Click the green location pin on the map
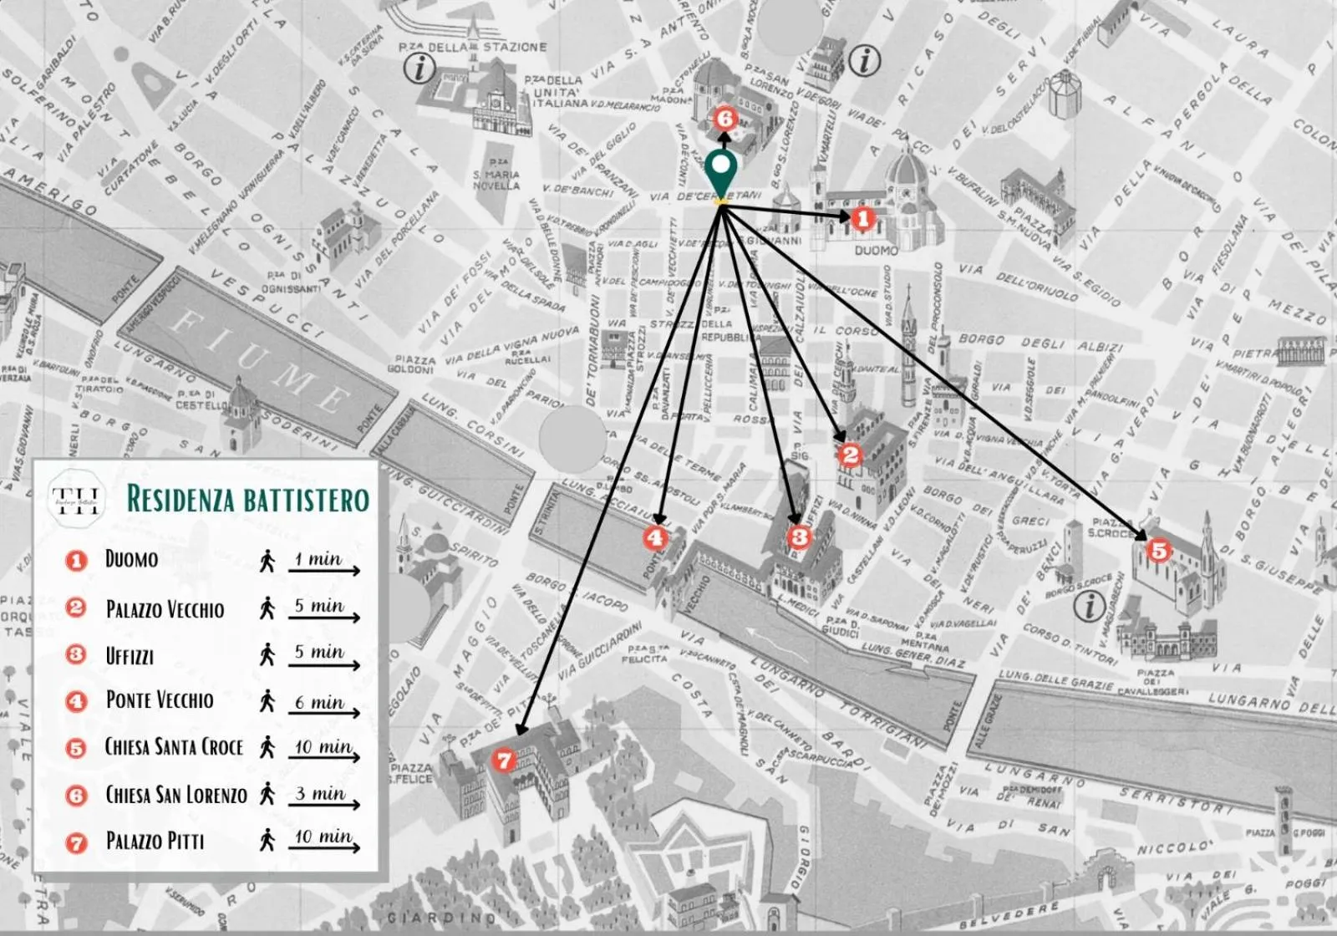pyautogui.click(x=720, y=172)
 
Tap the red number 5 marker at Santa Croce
pyautogui.click(x=1158, y=551)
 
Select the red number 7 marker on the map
pyautogui.click(x=503, y=760)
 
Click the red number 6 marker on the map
pyautogui.click(x=724, y=119)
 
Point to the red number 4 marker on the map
pyautogui.click(x=655, y=537)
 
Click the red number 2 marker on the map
pyautogui.click(x=851, y=455)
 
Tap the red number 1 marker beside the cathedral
pyautogui.click(x=862, y=219)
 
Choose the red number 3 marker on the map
pyautogui.click(x=800, y=537)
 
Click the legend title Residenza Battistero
pyautogui.click(x=247, y=499)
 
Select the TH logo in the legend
pyautogui.click(x=76, y=500)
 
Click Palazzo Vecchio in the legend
pyautogui.click(x=165, y=609)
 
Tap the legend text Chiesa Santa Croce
pyautogui.click(x=174, y=746)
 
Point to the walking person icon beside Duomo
pyautogui.click(x=267, y=561)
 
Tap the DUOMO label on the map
pyautogui.click(x=876, y=250)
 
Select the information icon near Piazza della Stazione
pyautogui.click(x=419, y=68)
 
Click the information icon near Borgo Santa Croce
pyautogui.click(x=1089, y=606)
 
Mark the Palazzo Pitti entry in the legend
pyautogui.click(x=155, y=841)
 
